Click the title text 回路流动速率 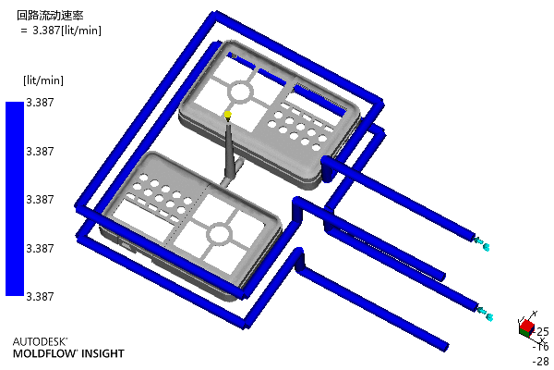click(50, 15)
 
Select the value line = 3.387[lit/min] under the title click(61, 31)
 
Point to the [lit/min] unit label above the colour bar click(43, 80)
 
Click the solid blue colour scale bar click(15, 199)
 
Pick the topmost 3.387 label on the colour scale click(40, 103)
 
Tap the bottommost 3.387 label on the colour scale click(40, 296)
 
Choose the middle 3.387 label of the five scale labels click(40, 200)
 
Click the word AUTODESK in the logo click(40, 341)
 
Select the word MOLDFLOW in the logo click(45, 353)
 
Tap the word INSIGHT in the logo click(103, 353)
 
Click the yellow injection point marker click(228, 114)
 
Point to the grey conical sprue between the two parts click(229, 149)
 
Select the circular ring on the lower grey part click(220, 234)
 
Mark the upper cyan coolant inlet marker click(482, 243)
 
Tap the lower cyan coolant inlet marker click(484, 314)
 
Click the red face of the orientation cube click(527, 325)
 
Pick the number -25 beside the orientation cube click(541, 332)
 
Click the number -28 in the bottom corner click(541, 362)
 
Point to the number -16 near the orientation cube click(541, 347)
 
